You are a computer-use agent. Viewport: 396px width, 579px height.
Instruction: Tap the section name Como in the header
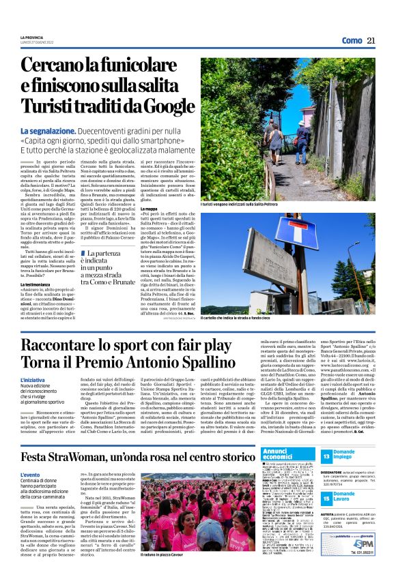(x=352, y=41)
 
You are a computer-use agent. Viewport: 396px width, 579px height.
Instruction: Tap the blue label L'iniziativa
(x=33, y=379)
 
